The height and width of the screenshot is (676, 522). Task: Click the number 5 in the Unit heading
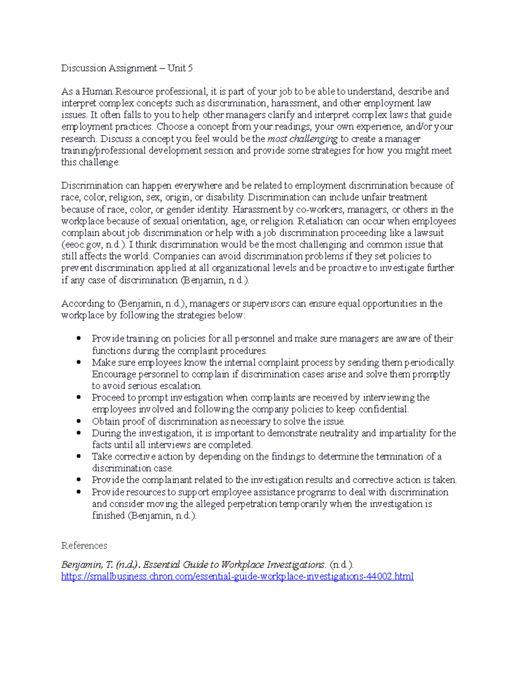coord(190,68)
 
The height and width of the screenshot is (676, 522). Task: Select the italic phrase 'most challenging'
coord(302,139)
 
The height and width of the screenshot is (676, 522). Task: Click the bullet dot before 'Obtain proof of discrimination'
coord(79,421)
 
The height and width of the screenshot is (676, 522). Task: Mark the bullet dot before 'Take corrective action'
coord(79,456)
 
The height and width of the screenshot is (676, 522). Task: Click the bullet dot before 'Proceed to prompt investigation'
coord(79,397)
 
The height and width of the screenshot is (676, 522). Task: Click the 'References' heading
coord(84,546)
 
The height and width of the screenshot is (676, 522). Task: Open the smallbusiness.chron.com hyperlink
coord(237,577)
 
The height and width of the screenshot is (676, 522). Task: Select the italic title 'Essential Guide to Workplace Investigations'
coord(234,565)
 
